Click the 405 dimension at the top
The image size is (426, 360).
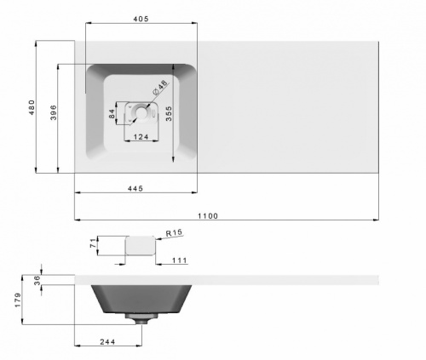click(142, 20)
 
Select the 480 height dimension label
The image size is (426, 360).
click(32, 106)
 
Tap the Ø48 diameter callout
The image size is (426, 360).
click(162, 88)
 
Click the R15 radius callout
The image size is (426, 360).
click(174, 232)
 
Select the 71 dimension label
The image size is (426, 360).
click(93, 247)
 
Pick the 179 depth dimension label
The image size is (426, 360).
click(18, 300)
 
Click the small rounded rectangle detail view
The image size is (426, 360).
click(140, 247)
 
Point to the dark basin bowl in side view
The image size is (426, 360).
click(140, 298)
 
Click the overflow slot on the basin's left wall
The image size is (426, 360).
click(87, 82)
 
